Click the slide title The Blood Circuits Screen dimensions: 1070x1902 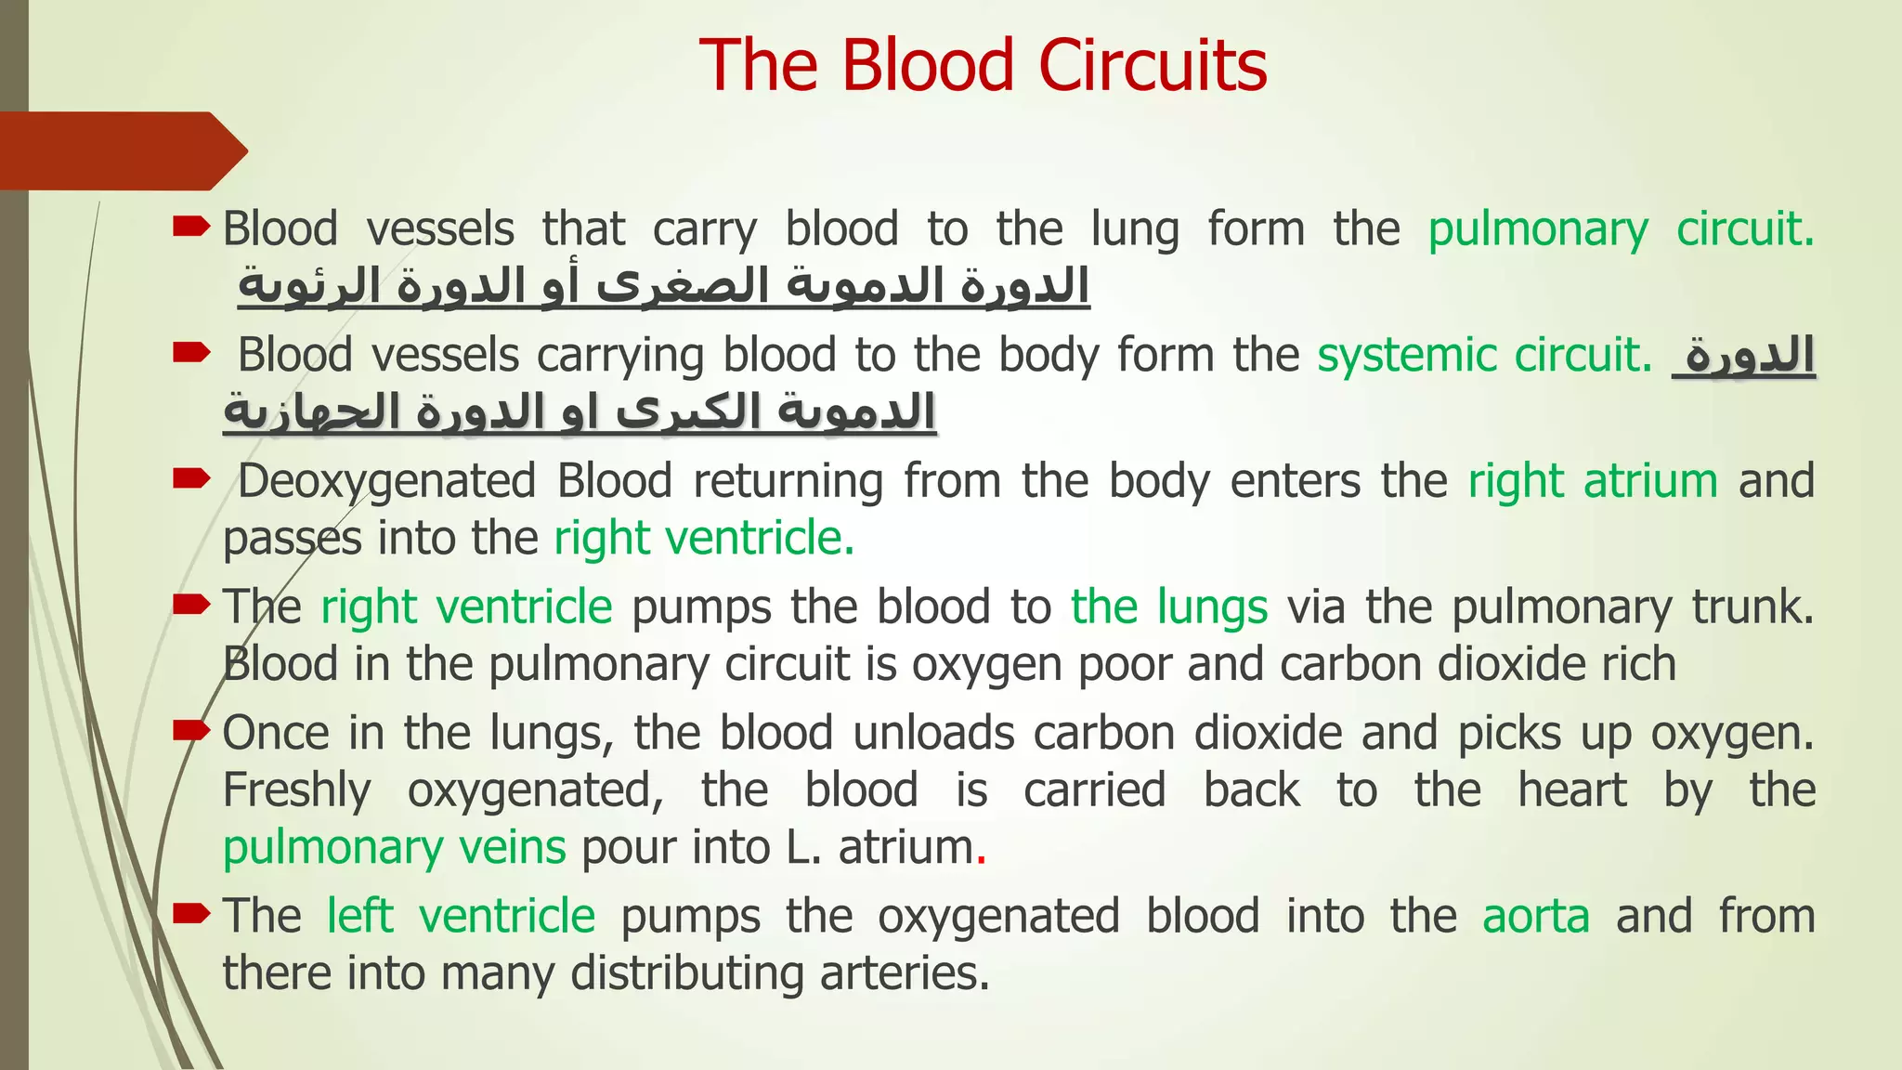[x=983, y=66]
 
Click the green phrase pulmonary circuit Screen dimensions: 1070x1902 [x=1621, y=229]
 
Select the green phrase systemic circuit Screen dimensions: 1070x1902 [x=1484, y=355]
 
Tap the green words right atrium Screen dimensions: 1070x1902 [x=1593, y=481]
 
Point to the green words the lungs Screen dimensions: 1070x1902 [x=1169, y=607]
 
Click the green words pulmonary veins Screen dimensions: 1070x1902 [x=395, y=847]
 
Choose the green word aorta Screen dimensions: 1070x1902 [x=1536, y=916]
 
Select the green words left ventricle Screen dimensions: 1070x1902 [x=461, y=916]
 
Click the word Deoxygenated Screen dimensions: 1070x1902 [x=387, y=483]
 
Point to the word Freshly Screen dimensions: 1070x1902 [x=297, y=790]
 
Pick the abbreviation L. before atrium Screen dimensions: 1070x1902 [x=803, y=847]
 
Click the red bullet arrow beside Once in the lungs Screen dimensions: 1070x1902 [x=192, y=732]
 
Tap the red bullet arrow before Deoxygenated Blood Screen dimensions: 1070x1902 [x=192, y=479]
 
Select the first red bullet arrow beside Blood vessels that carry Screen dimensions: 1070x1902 [x=192, y=227]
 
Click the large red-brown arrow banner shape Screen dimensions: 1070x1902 [x=121, y=150]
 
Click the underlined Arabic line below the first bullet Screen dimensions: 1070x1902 [x=663, y=286]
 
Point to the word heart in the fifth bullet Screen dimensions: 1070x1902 [x=1572, y=790]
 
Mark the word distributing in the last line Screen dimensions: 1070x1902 [x=686, y=973]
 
